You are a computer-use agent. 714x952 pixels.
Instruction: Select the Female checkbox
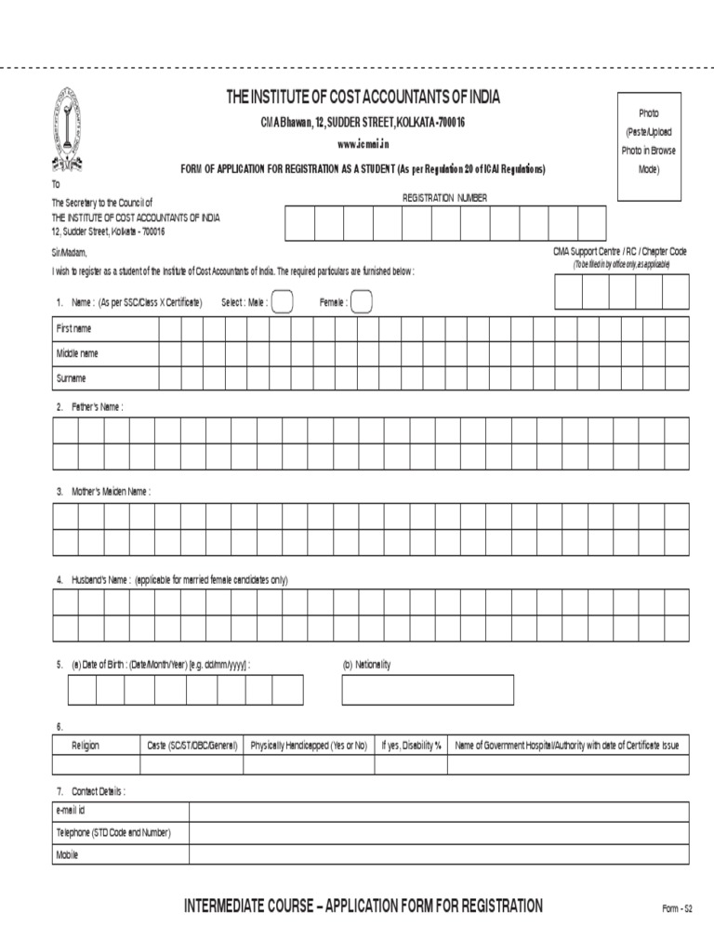[362, 303]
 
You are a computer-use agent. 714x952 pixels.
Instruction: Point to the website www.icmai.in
[363, 146]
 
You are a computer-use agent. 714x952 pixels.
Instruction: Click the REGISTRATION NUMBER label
[443, 198]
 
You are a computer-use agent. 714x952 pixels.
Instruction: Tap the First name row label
[74, 329]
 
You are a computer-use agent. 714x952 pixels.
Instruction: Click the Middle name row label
[78, 354]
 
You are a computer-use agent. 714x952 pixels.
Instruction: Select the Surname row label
[73, 378]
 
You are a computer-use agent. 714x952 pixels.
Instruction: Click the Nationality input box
[428, 691]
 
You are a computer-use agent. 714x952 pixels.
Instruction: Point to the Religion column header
[86, 746]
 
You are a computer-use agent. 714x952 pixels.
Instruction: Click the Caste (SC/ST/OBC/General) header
[192, 746]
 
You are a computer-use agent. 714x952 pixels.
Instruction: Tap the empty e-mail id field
[439, 812]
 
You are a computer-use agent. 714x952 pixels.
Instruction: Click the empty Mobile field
[439, 855]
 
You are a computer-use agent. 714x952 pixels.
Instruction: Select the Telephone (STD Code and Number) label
[113, 833]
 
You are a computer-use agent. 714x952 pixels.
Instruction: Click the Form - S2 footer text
[676, 908]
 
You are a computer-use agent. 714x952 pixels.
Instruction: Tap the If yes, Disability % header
[410, 746]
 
